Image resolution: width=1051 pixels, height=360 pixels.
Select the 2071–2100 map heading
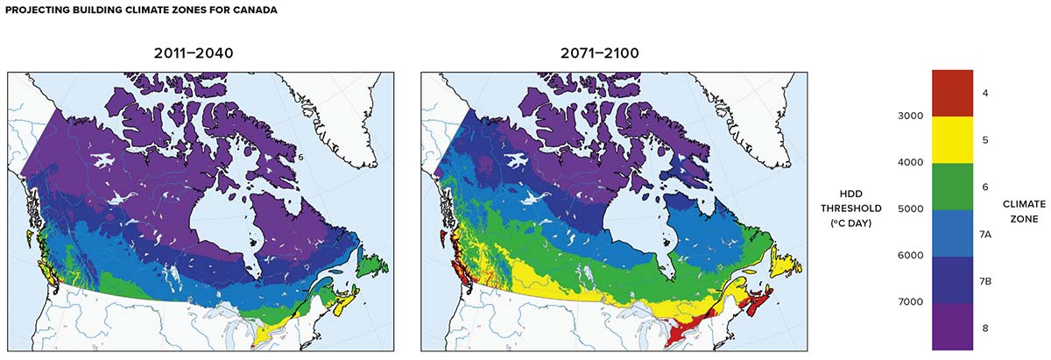coord(600,54)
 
